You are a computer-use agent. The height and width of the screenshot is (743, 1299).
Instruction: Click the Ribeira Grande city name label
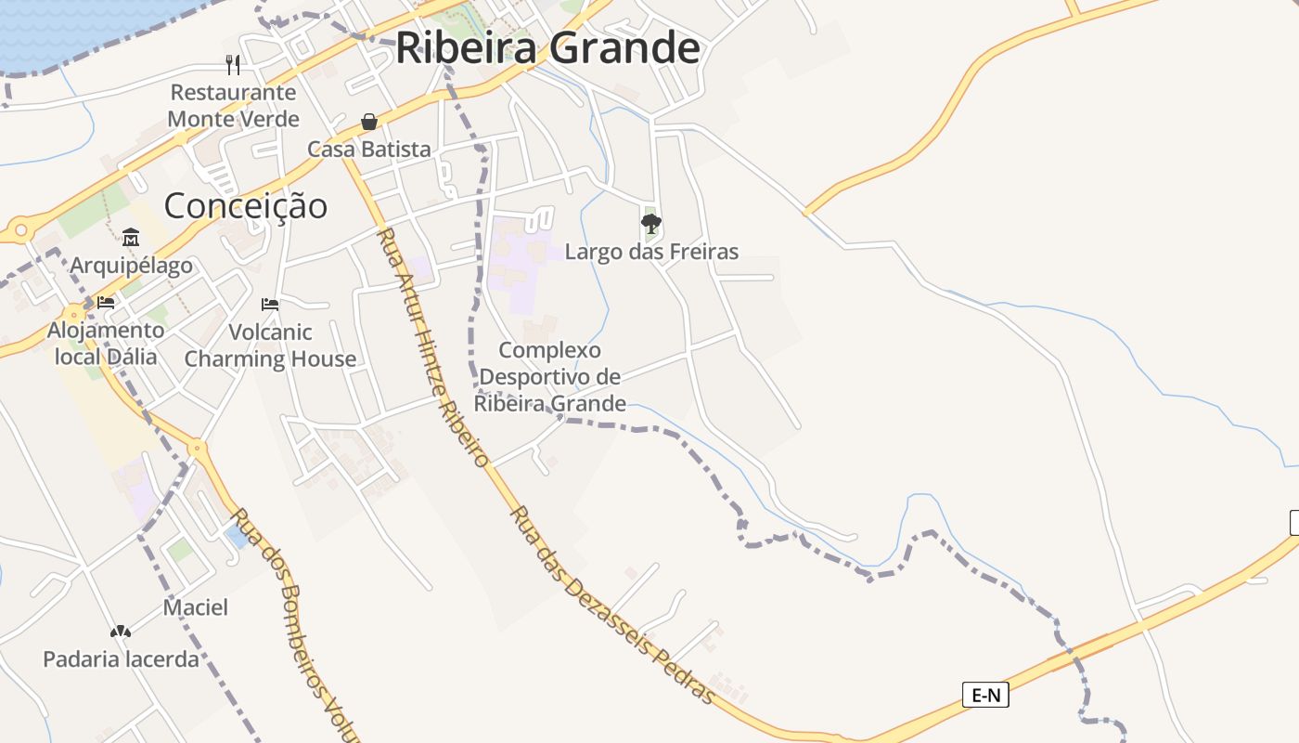(547, 48)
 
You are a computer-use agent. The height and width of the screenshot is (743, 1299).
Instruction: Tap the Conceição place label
(246, 205)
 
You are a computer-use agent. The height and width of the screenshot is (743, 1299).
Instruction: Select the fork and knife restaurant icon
(233, 64)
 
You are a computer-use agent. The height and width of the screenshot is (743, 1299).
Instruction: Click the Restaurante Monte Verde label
(233, 106)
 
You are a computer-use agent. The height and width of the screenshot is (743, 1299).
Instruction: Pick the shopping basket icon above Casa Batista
(369, 122)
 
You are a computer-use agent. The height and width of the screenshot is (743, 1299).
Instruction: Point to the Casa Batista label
(369, 149)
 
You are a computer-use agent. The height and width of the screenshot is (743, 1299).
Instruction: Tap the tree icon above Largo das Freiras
(651, 223)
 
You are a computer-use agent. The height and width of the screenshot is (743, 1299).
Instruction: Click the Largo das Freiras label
(651, 251)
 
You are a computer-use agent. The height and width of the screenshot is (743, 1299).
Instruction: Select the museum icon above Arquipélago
(131, 238)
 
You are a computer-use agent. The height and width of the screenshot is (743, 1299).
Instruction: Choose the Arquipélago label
(131, 266)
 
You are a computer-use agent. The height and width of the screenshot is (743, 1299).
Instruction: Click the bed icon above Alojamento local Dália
(106, 303)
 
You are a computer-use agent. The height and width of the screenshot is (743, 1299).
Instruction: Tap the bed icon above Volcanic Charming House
(270, 304)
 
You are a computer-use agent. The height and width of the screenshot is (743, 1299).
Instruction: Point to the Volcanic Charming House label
(270, 345)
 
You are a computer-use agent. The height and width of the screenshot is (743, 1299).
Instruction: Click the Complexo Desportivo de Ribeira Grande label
(550, 376)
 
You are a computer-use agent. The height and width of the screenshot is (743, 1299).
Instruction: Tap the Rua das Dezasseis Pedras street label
(612, 605)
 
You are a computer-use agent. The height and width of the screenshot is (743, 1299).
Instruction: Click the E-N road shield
(984, 694)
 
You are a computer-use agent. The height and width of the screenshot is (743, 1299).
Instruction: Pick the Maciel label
(196, 607)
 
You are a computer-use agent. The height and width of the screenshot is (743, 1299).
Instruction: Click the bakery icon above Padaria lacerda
(121, 632)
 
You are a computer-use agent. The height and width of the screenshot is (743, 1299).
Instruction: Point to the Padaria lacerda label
(121, 659)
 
